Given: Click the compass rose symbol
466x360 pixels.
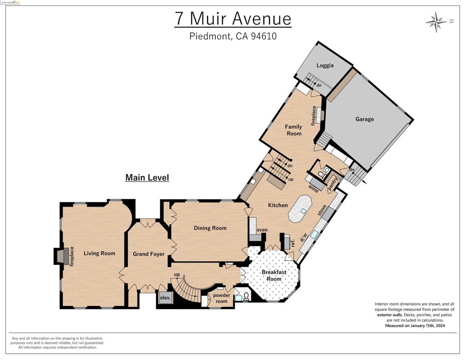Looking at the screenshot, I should (x=436, y=21).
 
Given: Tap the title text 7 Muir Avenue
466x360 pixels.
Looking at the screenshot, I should (x=233, y=19).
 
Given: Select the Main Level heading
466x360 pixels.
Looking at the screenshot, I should (x=147, y=177).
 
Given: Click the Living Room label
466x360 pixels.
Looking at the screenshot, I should (x=99, y=253).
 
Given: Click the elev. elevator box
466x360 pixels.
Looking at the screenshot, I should (x=165, y=298).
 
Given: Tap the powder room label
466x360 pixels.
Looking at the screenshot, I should (x=221, y=298).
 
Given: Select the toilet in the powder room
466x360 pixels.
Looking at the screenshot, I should (x=246, y=297).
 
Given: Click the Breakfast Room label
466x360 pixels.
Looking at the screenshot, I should (x=274, y=275).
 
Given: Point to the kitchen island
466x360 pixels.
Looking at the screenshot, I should (x=300, y=208).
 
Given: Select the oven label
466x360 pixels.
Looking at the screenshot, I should (x=262, y=230).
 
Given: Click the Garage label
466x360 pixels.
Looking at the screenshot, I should (x=365, y=119).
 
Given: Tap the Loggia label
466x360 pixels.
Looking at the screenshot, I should (x=325, y=65).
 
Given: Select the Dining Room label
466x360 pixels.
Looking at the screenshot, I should (x=210, y=228).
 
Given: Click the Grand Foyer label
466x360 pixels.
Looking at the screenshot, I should (x=148, y=254).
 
